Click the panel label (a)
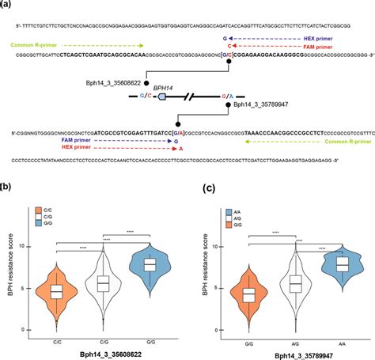pos(7,5)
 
